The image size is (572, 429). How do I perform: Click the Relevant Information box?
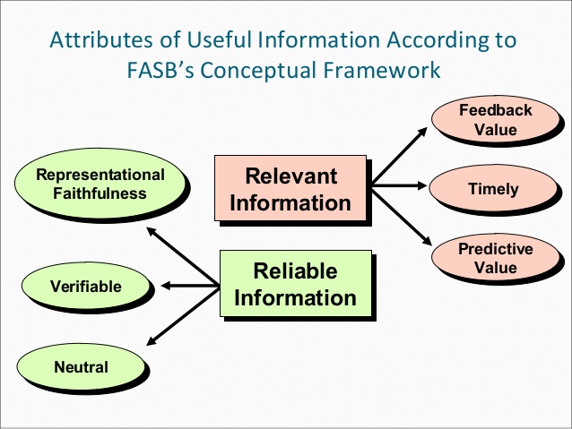click(290, 188)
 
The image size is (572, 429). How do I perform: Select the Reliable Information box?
click(296, 284)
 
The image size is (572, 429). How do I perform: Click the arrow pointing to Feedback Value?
click(400, 155)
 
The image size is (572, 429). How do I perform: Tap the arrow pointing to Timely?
click(399, 185)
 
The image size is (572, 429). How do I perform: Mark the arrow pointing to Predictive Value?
click(402, 217)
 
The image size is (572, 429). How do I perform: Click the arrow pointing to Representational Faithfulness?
click(182, 256)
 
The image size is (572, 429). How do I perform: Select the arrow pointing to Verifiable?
click(190, 286)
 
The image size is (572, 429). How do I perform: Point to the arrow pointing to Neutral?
click(182, 316)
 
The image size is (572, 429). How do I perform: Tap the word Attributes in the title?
click(101, 39)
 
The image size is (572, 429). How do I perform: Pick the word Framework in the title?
click(382, 70)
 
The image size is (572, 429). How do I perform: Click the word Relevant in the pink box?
click(290, 176)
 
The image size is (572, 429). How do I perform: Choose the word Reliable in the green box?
click(295, 270)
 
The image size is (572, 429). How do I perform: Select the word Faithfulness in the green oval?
click(100, 193)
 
